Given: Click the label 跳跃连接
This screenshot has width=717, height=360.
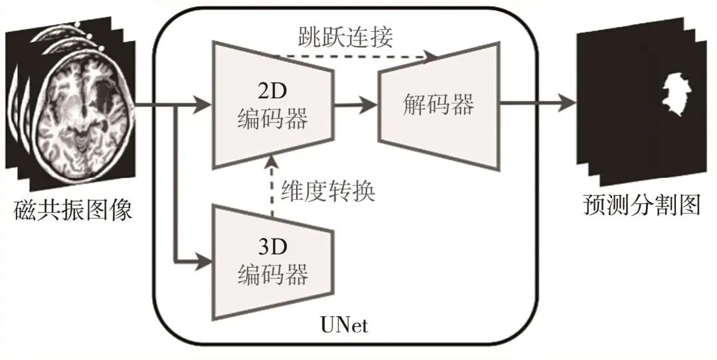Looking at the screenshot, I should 345,37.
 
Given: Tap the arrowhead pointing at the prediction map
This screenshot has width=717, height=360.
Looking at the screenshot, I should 567,104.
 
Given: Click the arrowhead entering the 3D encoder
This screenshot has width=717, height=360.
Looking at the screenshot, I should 202,261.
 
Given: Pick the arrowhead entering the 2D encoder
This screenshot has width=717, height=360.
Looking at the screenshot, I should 202,104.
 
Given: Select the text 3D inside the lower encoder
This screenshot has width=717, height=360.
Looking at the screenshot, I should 272,246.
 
